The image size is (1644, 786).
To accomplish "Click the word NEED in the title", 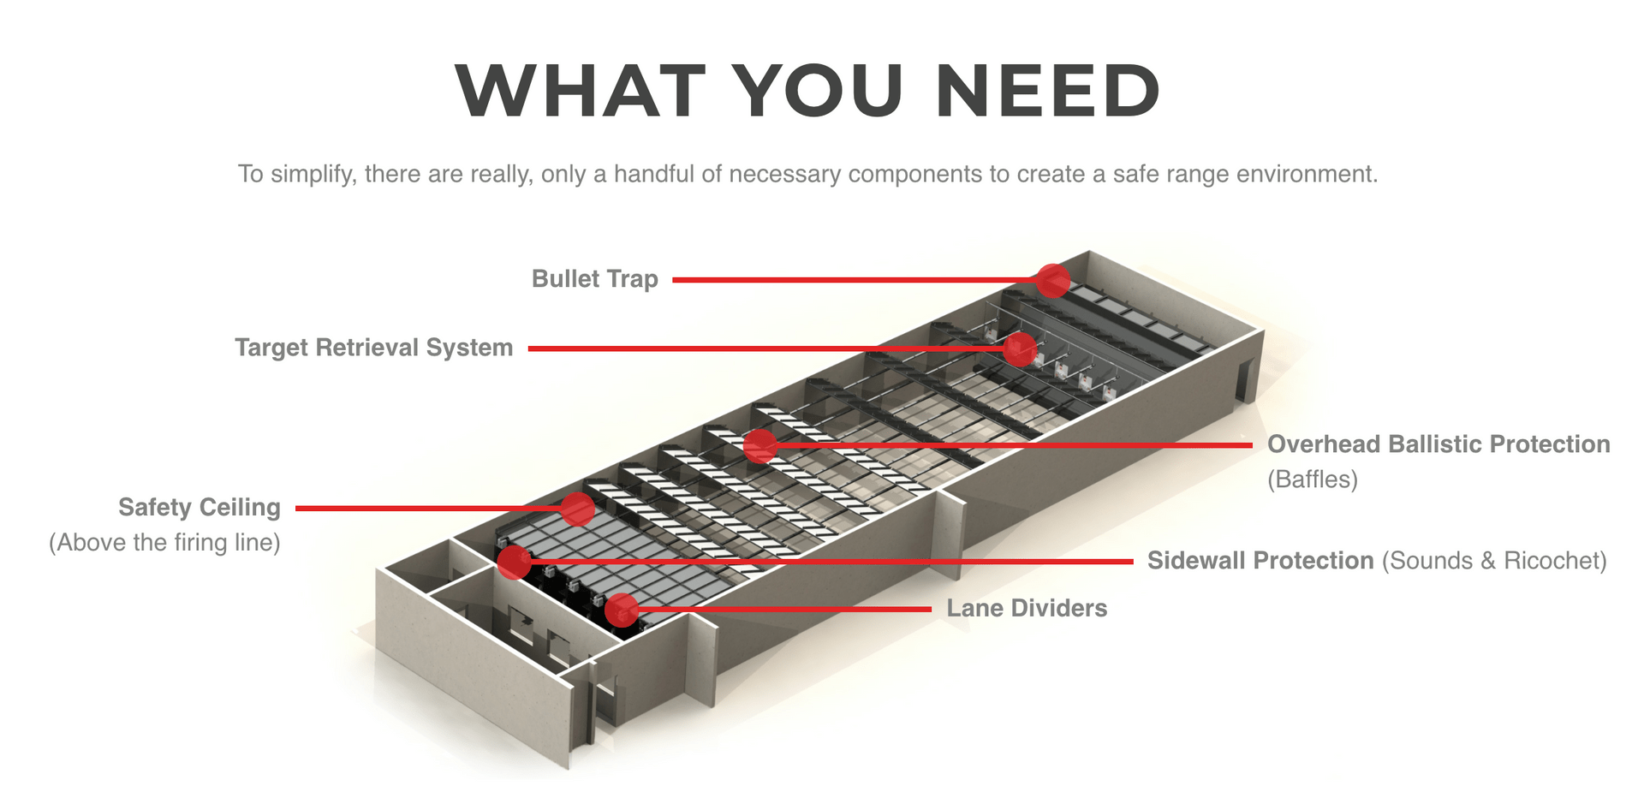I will click(1048, 91).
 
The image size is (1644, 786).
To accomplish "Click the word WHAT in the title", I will click(581, 91).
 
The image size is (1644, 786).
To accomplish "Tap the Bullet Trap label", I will click(594, 279).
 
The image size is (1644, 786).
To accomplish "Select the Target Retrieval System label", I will click(373, 348).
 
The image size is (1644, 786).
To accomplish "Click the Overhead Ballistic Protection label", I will click(1438, 444).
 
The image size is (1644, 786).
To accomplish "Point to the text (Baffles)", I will click(1312, 479).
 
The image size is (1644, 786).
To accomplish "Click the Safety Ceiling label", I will click(199, 508).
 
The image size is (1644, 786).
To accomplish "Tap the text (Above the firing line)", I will click(164, 543).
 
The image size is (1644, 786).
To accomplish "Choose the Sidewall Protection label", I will click(1260, 561).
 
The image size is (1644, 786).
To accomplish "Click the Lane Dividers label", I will click(1026, 609).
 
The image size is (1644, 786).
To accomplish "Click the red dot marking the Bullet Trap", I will click(1052, 280).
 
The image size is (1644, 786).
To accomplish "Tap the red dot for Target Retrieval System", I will click(1020, 348).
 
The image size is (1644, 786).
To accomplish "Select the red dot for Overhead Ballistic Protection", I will click(759, 445).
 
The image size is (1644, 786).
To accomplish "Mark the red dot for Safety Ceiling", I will click(578, 509).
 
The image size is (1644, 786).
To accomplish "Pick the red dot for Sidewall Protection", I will click(515, 562).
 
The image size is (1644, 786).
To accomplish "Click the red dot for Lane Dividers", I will click(622, 610).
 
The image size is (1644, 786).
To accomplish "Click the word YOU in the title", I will click(819, 91).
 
